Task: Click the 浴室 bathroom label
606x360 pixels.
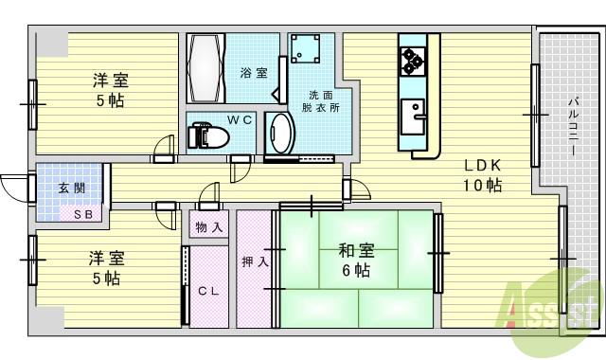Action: point(254,73)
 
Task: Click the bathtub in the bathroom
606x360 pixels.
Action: point(205,71)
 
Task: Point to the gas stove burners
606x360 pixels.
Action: point(412,61)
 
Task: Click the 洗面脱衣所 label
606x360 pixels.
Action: point(321,101)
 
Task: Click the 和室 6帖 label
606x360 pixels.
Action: point(356,261)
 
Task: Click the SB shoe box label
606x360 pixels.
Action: point(84,214)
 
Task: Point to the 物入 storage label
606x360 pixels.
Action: point(210,227)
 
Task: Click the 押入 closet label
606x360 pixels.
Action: point(253,262)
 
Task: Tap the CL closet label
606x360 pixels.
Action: point(209,291)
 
